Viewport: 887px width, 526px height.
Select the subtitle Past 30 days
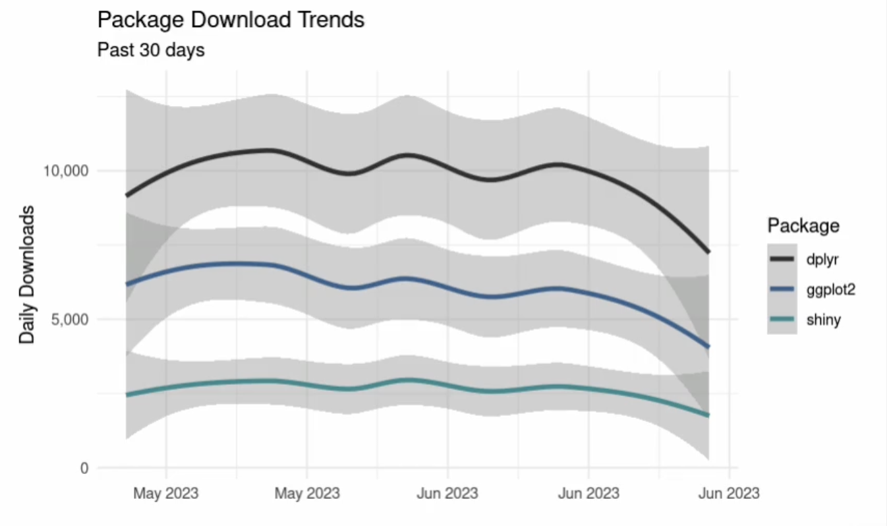click(151, 49)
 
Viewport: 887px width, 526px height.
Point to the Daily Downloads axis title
click(26, 274)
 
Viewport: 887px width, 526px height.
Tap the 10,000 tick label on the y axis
click(65, 171)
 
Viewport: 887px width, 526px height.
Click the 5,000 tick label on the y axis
click(70, 320)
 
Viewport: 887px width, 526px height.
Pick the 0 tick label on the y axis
click(84, 469)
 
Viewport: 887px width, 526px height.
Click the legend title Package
click(803, 226)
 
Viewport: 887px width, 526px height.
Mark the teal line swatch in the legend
click(782, 320)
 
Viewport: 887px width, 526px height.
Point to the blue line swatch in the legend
click(782, 289)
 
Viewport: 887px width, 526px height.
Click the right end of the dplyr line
click(708, 251)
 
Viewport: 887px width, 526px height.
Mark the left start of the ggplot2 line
click(127, 284)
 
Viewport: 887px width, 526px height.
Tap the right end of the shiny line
click(708, 415)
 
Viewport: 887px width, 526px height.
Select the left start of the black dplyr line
click(127, 195)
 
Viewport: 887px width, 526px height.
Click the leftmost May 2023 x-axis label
click(166, 493)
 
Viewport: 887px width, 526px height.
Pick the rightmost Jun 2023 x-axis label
click(728, 493)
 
